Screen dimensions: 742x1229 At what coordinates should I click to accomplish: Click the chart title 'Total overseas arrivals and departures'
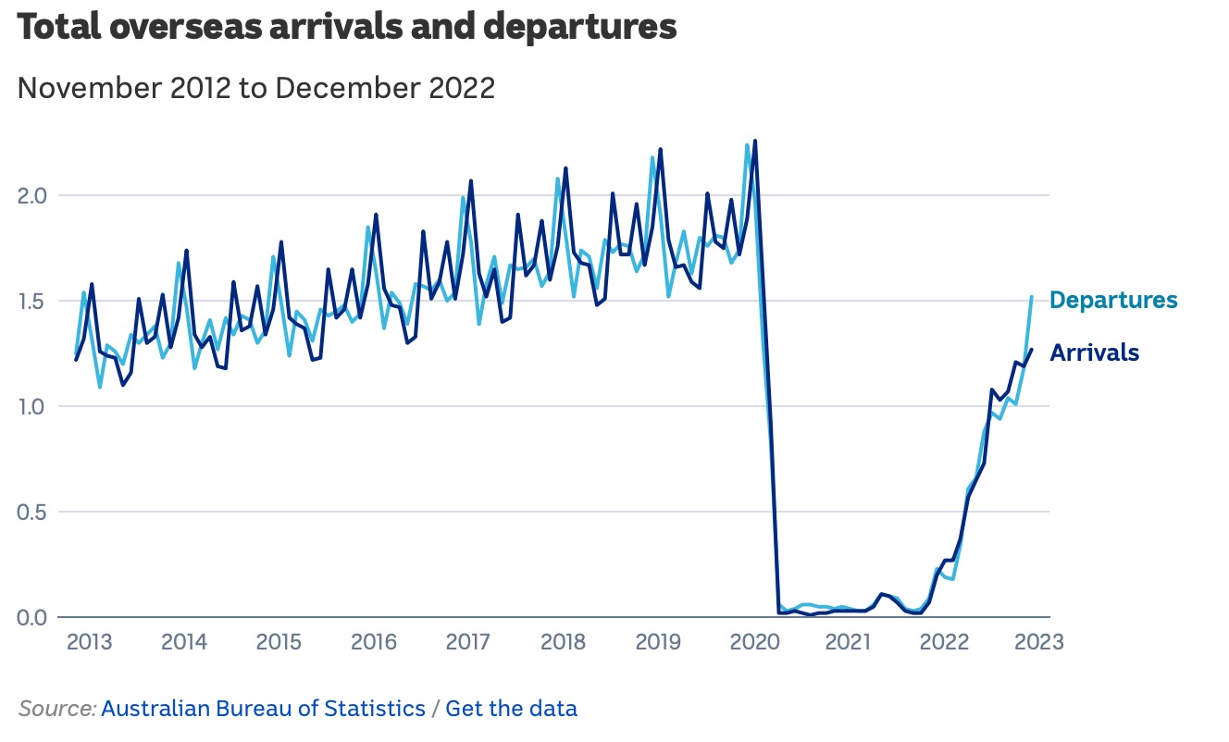click(x=347, y=28)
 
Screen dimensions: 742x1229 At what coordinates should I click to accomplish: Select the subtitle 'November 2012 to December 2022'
click(x=256, y=89)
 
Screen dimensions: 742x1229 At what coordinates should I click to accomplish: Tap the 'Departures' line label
click(x=1113, y=301)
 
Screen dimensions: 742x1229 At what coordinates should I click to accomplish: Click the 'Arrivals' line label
click(x=1095, y=353)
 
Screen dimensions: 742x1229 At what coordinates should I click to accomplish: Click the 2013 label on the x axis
click(x=90, y=643)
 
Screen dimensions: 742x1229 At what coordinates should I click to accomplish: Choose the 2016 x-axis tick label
click(x=374, y=643)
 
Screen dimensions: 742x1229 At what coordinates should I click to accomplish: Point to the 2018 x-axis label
click(x=564, y=643)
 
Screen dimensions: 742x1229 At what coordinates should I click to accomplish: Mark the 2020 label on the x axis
click(x=754, y=643)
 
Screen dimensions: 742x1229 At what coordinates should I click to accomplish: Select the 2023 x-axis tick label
click(x=1038, y=643)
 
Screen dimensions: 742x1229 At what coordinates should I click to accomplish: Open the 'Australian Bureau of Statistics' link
click(x=263, y=710)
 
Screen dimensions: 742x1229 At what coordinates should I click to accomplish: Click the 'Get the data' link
click(x=511, y=710)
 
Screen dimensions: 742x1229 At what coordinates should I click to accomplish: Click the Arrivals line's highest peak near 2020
click(x=755, y=142)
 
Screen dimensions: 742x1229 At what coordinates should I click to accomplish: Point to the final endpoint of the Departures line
click(x=1031, y=298)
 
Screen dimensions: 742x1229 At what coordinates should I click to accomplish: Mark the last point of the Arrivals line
click(x=1031, y=349)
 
